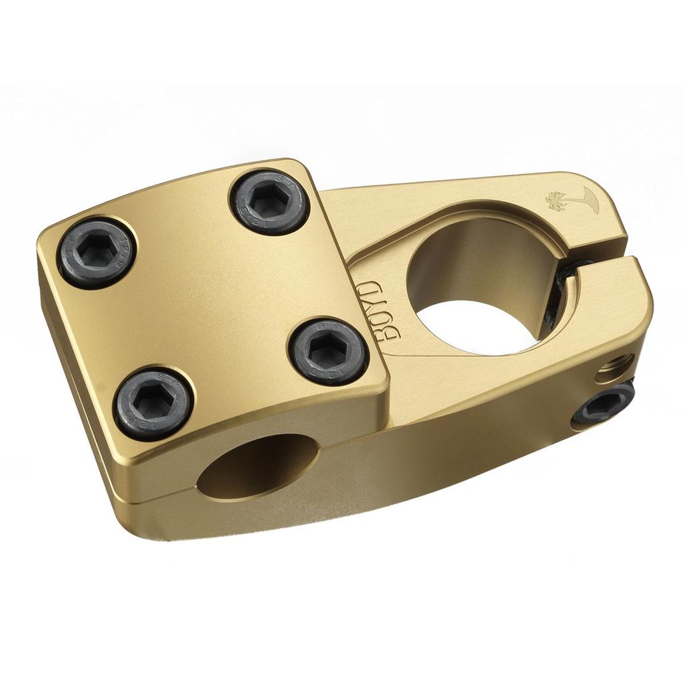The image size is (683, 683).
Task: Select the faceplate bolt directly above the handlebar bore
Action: coord(153,404)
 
